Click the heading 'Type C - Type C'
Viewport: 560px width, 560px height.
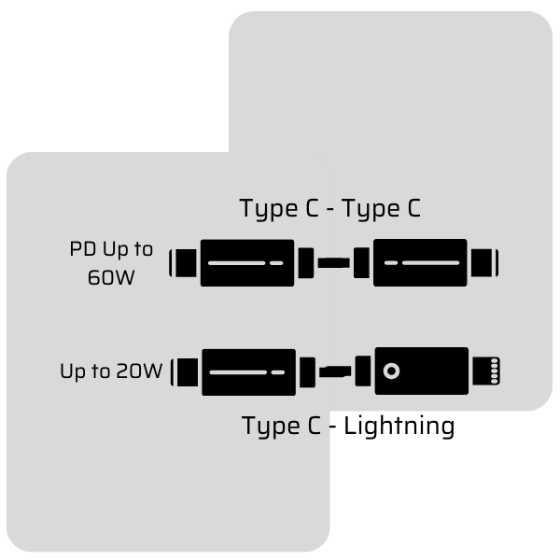[x=329, y=208]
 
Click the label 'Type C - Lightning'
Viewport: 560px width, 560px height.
[x=348, y=426]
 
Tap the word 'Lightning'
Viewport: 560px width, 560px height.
[x=399, y=427]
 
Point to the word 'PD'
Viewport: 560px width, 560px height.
[x=82, y=250]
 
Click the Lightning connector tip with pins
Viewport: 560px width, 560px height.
[x=487, y=371]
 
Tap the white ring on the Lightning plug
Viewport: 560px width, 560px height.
[x=392, y=371]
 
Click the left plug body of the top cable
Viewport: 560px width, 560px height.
[x=247, y=263]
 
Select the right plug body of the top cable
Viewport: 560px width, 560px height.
[x=419, y=263]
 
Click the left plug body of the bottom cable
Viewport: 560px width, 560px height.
[x=247, y=372]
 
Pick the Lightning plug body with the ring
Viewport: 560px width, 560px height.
[x=420, y=371]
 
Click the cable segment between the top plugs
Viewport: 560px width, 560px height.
[x=333, y=263]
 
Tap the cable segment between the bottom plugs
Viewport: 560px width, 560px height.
[x=335, y=371]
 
